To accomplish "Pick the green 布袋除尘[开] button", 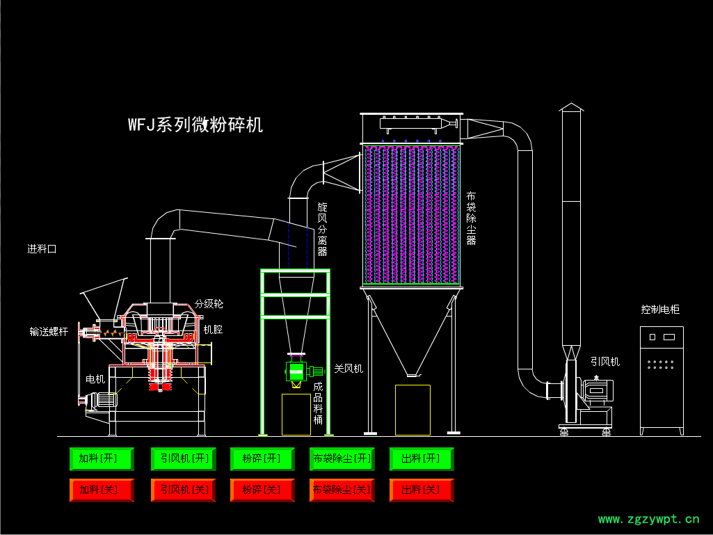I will [x=342, y=459].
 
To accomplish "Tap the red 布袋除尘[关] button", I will [x=342, y=490].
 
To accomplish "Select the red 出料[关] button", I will [x=422, y=490].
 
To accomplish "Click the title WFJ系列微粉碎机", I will [x=195, y=125].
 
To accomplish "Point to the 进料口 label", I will [x=42, y=249].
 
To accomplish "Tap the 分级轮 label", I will [x=209, y=304].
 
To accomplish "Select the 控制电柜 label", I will [x=660, y=310].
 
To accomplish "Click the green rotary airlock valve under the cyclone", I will [x=296, y=372].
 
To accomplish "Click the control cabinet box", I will [x=662, y=379].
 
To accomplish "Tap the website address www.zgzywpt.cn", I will [x=648, y=518].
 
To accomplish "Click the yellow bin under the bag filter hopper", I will [x=412, y=410].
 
